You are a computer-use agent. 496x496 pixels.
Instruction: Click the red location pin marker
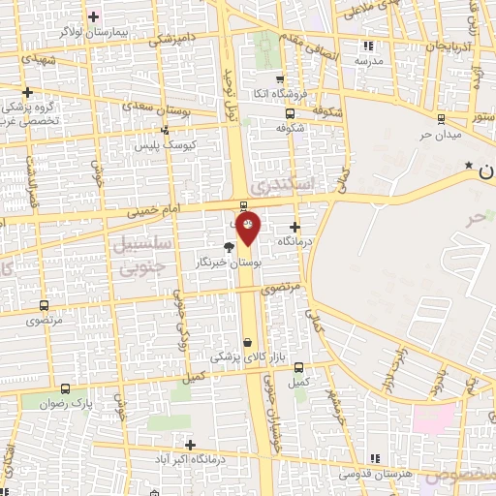click(249, 229)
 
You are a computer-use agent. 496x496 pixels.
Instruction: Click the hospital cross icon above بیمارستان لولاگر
click(93, 16)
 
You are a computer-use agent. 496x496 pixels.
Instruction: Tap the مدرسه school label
click(367, 60)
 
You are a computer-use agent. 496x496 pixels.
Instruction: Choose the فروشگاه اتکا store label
click(281, 92)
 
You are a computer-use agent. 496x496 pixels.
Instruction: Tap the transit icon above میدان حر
click(442, 118)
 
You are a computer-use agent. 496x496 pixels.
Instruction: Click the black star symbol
click(469, 166)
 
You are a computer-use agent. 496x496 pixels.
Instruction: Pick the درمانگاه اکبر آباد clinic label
click(192, 456)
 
